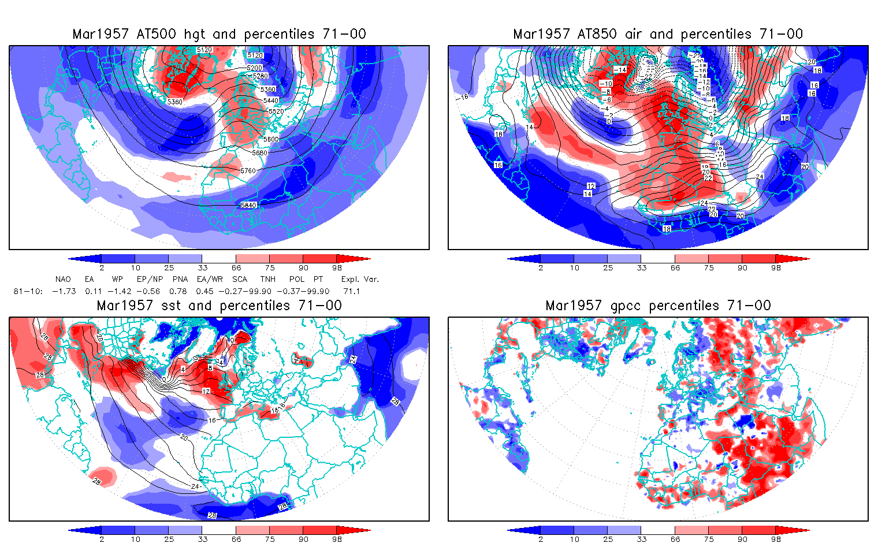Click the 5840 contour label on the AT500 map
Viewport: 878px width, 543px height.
point(249,205)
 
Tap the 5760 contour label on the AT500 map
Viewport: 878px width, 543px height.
point(248,171)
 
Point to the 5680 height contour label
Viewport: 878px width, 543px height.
point(260,153)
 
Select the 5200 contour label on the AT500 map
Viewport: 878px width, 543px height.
point(255,68)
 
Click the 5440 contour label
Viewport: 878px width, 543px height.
point(271,101)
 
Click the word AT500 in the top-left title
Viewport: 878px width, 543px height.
point(157,34)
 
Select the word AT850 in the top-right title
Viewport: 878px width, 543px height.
point(597,34)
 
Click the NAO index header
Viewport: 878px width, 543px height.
point(63,279)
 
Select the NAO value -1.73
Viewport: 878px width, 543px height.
point(64,291)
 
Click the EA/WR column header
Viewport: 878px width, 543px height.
point(210,279)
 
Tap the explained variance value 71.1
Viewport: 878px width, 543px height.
point(351,291)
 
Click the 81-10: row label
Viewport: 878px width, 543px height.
point(28,291)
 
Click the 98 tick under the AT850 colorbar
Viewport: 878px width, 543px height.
point(776,268)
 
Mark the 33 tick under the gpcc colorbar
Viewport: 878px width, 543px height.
point(642,540)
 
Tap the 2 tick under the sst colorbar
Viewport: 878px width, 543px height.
point(102,540)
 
